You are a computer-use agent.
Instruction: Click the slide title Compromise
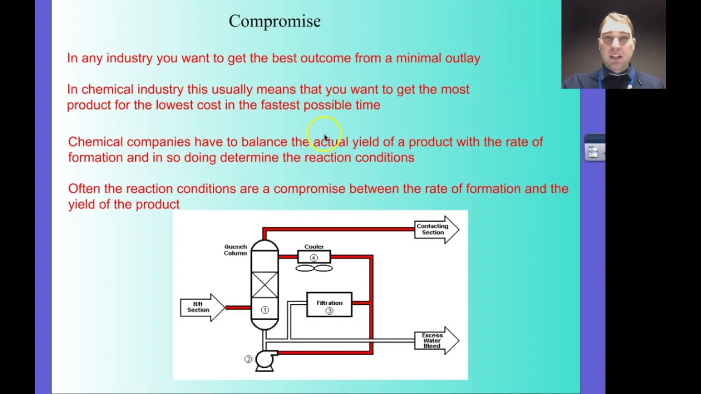(274, 21)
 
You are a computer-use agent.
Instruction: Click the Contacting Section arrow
(435, 229)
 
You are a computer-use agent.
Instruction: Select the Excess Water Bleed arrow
(435, 340)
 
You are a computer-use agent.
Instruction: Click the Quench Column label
(235, 250)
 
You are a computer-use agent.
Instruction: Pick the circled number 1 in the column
(265, 310)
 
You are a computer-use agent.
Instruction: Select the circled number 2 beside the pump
(248, 359)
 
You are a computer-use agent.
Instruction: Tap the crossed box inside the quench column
(265, 285)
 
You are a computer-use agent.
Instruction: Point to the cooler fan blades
(314, 268)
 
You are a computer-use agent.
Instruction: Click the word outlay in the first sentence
(463, 58)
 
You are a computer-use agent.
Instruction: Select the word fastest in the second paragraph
(280, 105)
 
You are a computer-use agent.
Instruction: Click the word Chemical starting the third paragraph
(95, 142)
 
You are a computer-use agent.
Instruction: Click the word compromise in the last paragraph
(309, 189)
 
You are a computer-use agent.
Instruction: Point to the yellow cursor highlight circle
(324, 133)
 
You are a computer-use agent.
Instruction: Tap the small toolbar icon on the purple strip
(593, 152)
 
